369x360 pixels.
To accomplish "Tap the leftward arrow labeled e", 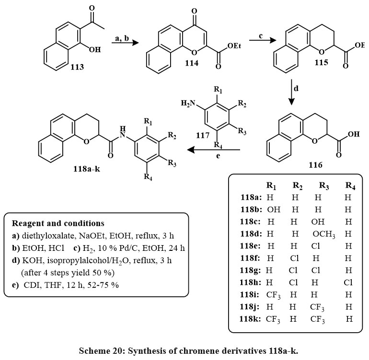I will [x=212, y=150].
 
